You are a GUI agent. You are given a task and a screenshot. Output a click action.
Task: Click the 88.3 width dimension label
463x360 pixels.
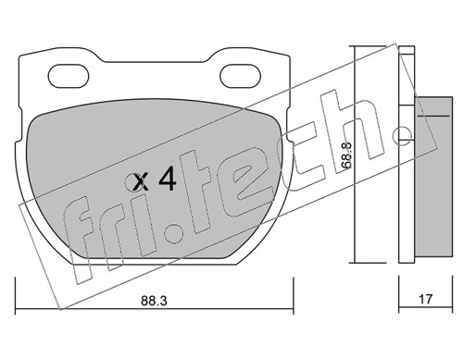[x=154, y=301]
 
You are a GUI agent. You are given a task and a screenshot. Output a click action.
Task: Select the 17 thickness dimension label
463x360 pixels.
[x=426, y=299]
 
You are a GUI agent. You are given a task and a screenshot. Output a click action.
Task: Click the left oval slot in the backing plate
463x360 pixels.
[x=69, y=76]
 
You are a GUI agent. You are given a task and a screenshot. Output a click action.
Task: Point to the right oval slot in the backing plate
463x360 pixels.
[x=240, y=76]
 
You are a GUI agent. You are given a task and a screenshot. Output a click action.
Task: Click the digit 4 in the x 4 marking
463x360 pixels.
[x=167, y=180]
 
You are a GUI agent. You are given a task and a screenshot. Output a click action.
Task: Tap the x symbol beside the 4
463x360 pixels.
[x=140, y=182]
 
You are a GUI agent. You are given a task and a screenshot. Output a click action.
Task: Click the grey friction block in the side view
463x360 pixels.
[x=433, y=177]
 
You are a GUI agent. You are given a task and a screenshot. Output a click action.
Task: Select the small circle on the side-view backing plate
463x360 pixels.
[x=403, y=135]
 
